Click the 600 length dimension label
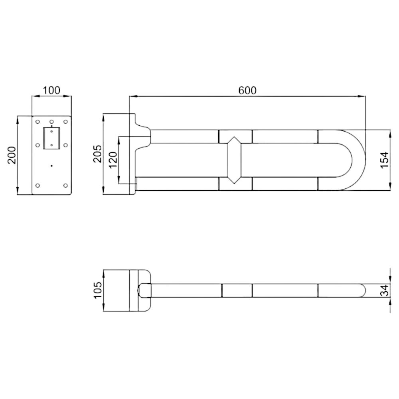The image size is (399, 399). pos(247,90)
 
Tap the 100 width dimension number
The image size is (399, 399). pos(51,90)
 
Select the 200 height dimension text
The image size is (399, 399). pos(12,155)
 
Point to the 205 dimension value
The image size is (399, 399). pos(98,154)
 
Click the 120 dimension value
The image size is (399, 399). pos(113,160)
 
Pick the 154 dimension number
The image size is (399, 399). pos(385,160)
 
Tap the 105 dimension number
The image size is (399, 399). pos(98,290)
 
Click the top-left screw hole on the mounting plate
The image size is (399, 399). pos(38,122)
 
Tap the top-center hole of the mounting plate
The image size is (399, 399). pos(51,122)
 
